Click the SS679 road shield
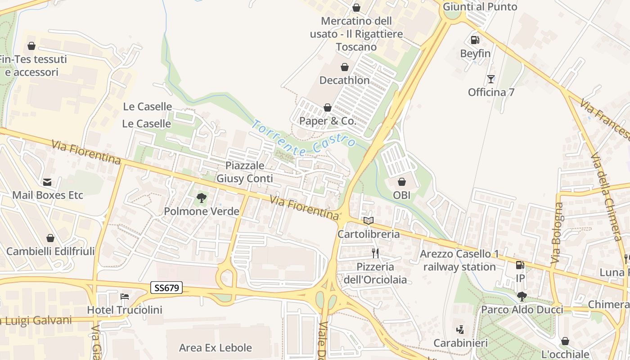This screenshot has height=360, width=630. click(166, 288)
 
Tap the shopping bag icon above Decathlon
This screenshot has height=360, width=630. click(345, 67)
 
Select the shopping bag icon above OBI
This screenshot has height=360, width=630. click(402, 182)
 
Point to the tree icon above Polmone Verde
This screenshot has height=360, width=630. click(202, 198)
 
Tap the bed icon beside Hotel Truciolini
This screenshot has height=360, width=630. click(125, 297)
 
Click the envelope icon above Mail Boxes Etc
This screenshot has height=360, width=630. click(47, 182)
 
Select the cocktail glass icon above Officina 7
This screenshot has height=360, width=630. click(490, 79)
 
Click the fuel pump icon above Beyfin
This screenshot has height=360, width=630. click(475, 40)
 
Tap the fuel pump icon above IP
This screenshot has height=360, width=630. click(520, 265)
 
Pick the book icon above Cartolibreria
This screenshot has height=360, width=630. click(369, 221)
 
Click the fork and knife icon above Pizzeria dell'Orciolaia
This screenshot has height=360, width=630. click(375, 253)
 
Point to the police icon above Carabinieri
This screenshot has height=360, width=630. click(460, 330)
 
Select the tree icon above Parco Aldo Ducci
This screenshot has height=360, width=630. click(522, 296)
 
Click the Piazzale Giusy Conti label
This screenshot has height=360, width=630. click(245, 172)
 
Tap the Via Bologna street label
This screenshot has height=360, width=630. click(557, 233)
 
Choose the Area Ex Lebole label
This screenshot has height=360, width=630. click(216, 347)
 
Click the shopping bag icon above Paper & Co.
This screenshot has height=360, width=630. click(328, 108)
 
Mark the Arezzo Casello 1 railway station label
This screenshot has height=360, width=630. click(459, 260)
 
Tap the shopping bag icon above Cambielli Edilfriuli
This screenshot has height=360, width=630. click(50, 238)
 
